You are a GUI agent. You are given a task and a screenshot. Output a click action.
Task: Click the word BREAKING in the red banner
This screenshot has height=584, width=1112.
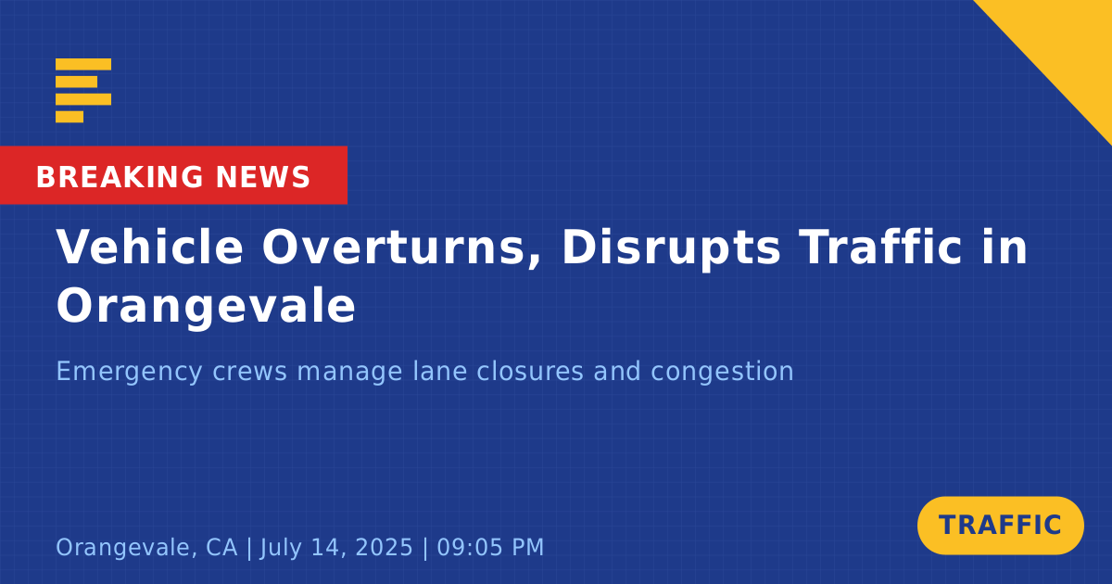[120, 177]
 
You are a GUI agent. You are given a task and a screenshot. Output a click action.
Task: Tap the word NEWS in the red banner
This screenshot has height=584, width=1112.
[263, 177]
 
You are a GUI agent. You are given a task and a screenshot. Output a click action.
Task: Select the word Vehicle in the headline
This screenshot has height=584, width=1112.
[149, 247]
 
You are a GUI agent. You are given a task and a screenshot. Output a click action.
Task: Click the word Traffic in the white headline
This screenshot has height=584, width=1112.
[880, 247]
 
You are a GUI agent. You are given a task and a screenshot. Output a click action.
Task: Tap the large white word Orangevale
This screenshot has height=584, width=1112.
[206, 307]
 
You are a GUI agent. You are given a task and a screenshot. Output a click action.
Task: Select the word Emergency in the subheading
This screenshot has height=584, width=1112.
[129, 372]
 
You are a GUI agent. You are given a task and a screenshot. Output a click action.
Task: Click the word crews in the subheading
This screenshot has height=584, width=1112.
[249, 373]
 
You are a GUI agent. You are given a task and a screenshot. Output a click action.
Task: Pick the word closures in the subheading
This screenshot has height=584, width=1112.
[530, 371]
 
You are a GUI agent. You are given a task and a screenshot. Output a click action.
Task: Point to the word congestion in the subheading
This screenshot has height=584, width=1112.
[722, 373]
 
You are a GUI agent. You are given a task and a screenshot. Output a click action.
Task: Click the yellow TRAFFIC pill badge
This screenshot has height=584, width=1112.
[1000, 526]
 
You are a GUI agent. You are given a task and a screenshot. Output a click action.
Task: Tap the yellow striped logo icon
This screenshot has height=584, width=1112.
[82, 91]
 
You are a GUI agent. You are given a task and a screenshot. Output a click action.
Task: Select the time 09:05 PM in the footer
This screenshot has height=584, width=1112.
[490, 547]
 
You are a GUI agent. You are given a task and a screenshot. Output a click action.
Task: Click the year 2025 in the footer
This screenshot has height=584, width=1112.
[385, 547]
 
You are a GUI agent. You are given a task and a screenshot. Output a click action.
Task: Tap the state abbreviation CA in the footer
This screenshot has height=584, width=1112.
[221, 547]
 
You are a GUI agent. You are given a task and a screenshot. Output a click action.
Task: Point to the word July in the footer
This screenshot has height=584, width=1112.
[279, 548]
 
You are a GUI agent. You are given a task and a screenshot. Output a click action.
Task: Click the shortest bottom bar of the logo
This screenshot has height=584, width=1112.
[69, 117]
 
